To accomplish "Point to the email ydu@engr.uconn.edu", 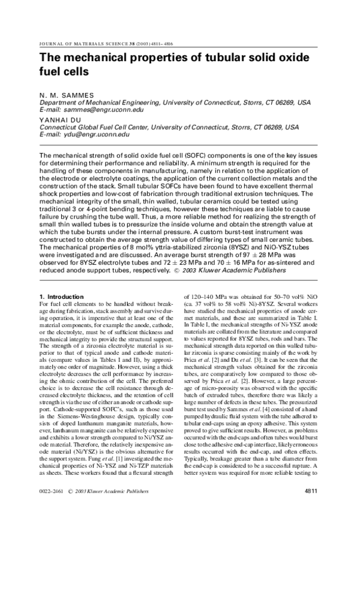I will pyautogui.click(x=98, y=136).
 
